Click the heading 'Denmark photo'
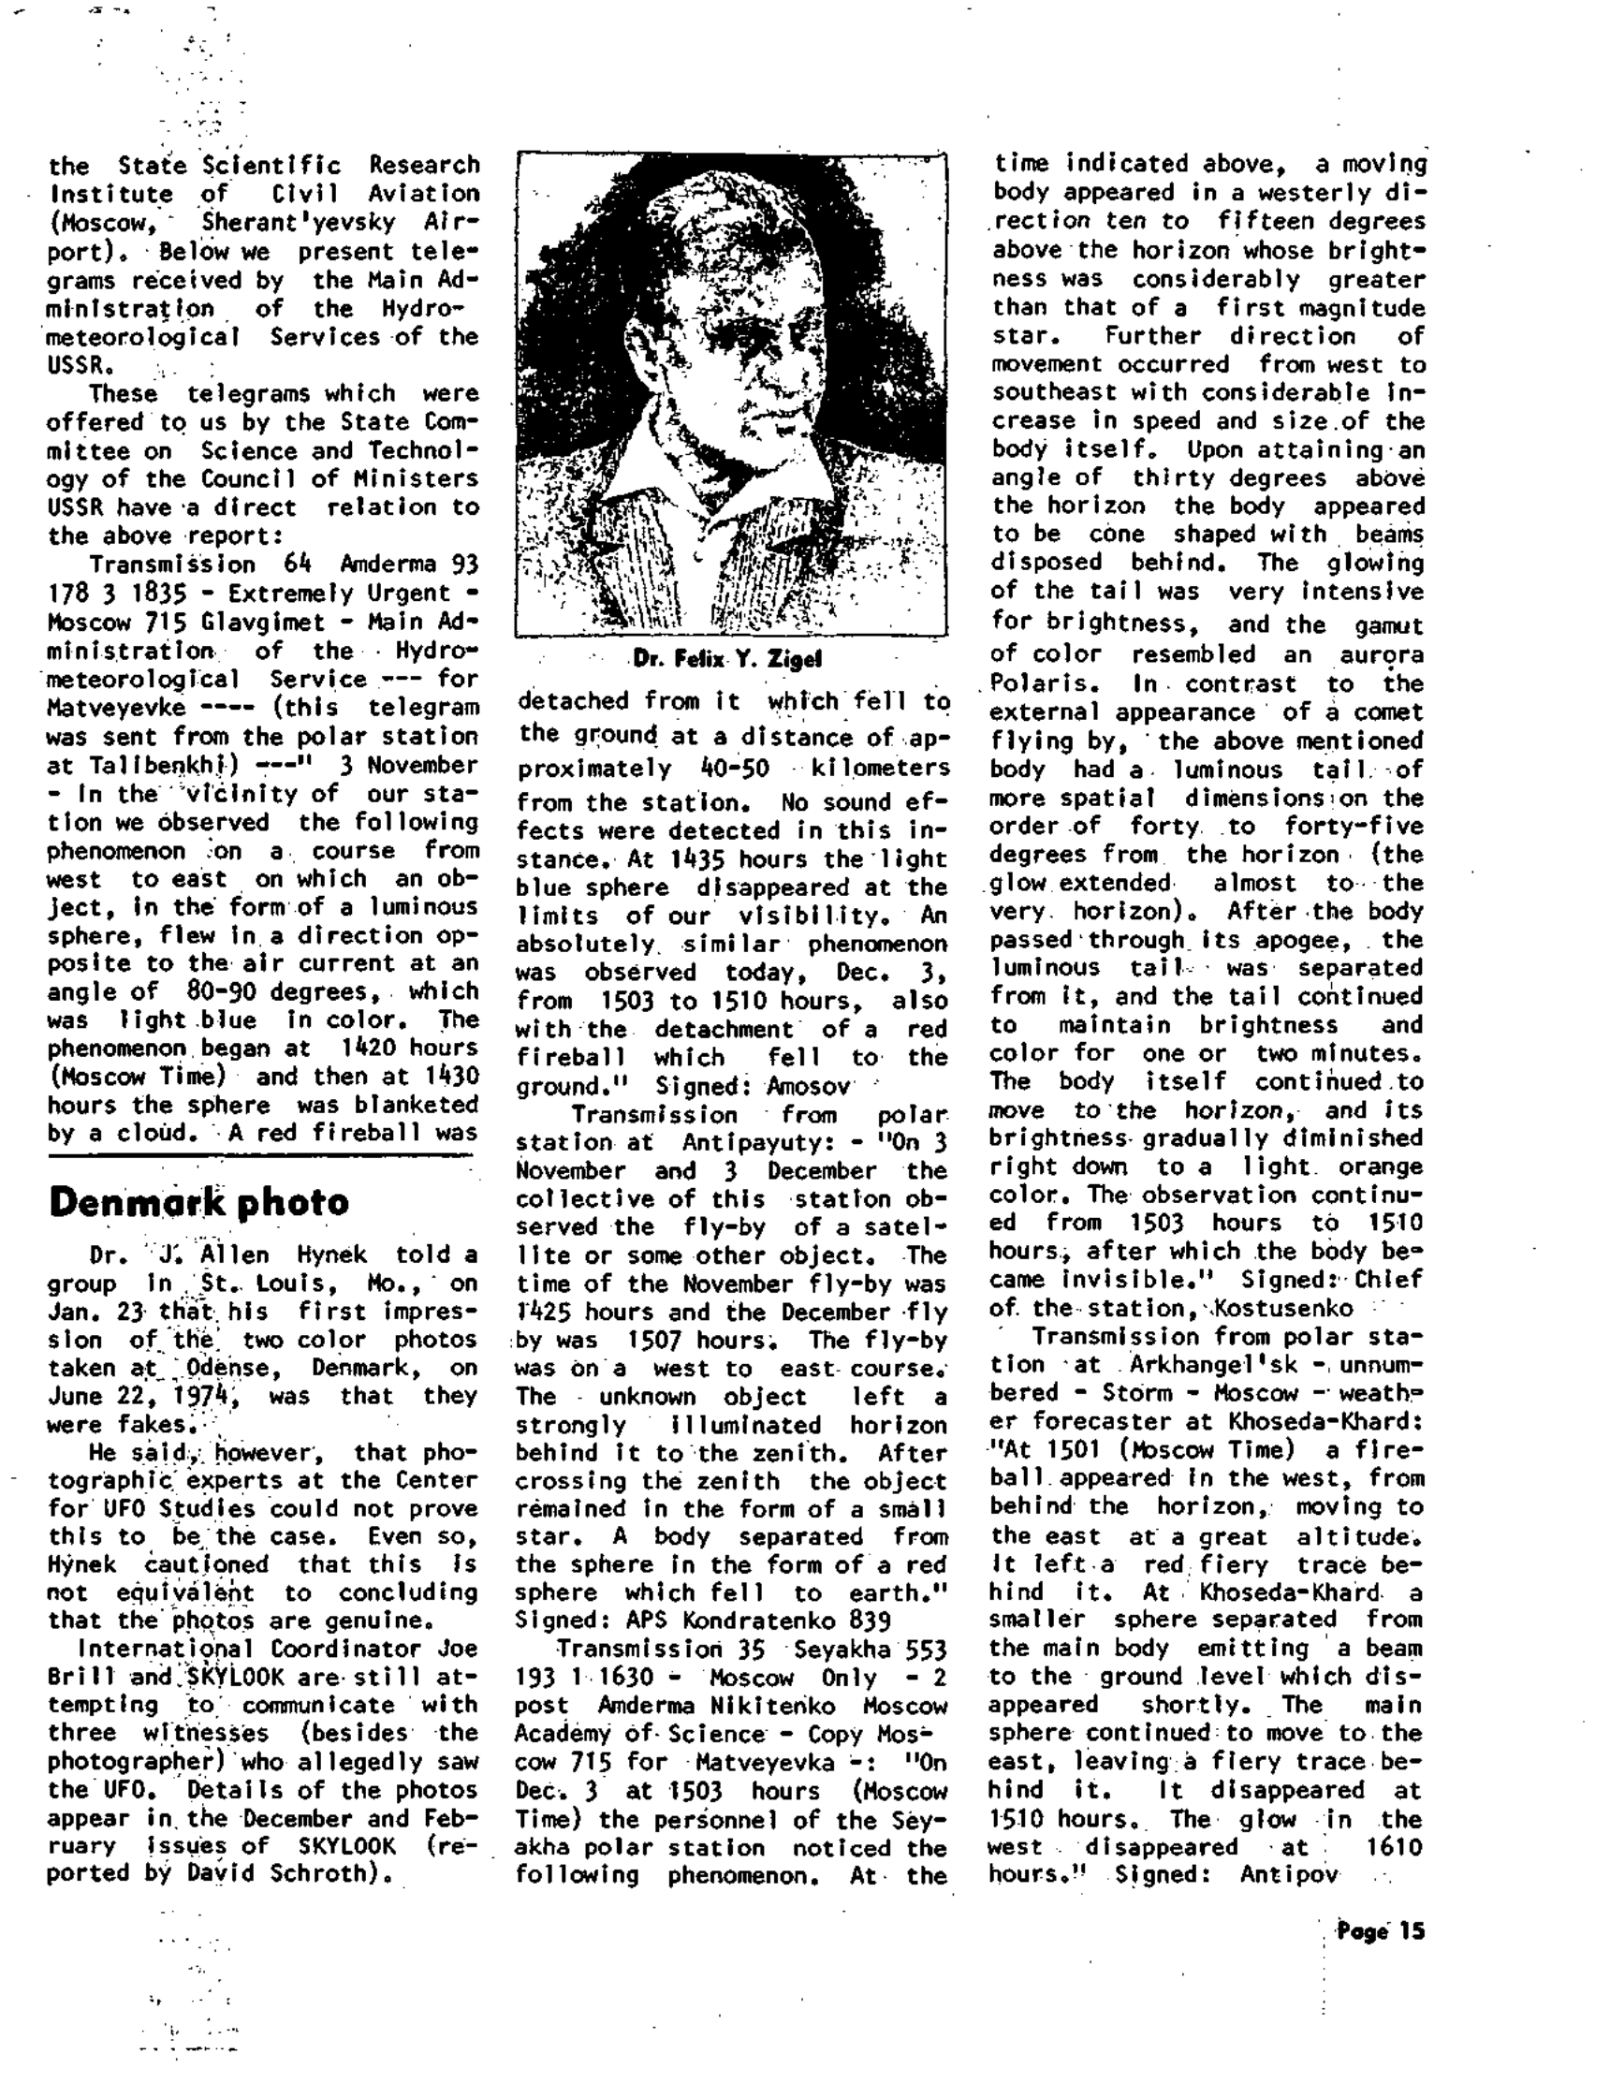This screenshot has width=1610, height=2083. (198, 1202)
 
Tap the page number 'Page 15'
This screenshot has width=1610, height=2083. (1379, 1930)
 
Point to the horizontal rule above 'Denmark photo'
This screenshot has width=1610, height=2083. (260, 1157)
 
